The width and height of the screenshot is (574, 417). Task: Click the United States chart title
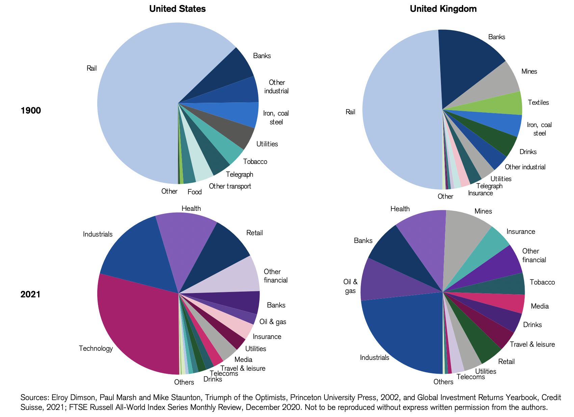(177, 9)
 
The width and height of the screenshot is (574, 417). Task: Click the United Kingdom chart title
(443, 9)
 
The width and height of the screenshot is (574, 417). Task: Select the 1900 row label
(31, 111)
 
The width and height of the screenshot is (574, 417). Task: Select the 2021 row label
(30, 294)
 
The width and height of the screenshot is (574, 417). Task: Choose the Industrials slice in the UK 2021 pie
(405, 328)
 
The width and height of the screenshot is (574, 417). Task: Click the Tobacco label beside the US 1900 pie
(255, 162)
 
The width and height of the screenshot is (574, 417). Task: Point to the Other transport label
(230, 186)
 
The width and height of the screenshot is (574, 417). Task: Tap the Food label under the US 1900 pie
(194, 192)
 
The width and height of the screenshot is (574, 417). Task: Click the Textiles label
(538, 102)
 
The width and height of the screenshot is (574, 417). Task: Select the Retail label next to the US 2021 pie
(254, 232)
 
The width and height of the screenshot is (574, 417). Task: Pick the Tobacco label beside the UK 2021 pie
(542, 282)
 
